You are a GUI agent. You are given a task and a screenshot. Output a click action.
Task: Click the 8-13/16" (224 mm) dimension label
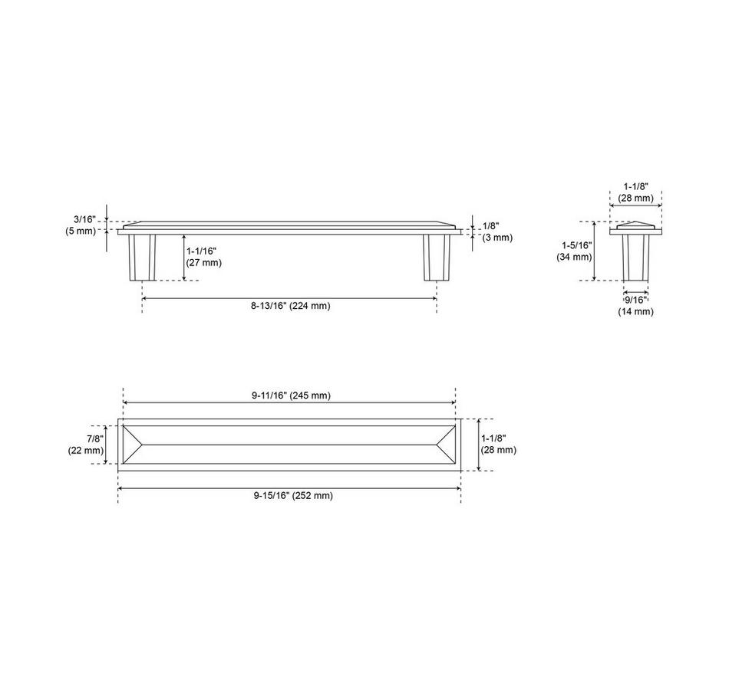point(291,306)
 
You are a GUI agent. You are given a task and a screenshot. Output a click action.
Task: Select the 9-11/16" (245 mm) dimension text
point(291,396)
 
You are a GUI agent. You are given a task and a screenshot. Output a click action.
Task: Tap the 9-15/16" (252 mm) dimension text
point(293,496)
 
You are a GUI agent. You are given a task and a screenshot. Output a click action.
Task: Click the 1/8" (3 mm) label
point(497,231)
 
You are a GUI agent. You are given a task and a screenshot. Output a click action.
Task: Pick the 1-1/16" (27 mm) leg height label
point(204,257)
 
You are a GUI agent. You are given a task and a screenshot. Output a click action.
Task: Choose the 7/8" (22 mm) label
point(86,445)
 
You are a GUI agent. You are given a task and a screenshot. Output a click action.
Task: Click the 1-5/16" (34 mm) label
point(574,251)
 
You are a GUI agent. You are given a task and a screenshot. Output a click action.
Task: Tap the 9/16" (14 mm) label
point(635,306)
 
